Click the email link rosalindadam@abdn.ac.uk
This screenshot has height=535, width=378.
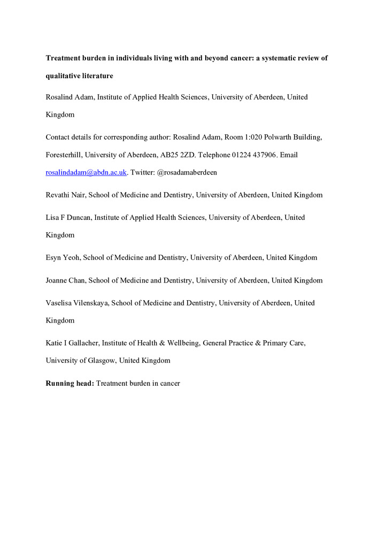click(86, 173)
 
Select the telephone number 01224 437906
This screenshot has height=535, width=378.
click(250, 155)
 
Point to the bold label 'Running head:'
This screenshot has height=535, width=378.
click(70, 384)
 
